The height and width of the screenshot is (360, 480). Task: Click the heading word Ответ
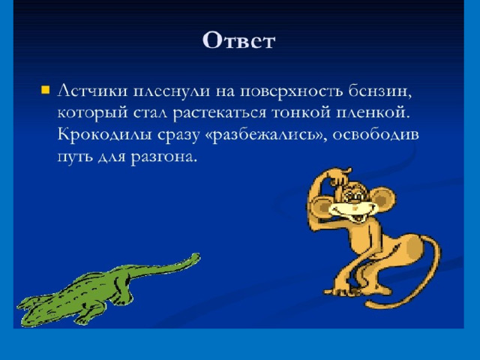click(x=238, y=40)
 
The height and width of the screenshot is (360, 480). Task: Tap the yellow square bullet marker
click(x=45, y=90)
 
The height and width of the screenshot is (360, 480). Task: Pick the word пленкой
click(x=373, y=112)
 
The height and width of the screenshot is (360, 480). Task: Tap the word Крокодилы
click(x=104, y=135)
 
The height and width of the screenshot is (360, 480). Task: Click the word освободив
click(x=376, y=134)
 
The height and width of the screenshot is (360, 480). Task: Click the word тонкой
click(x=301, y=112)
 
